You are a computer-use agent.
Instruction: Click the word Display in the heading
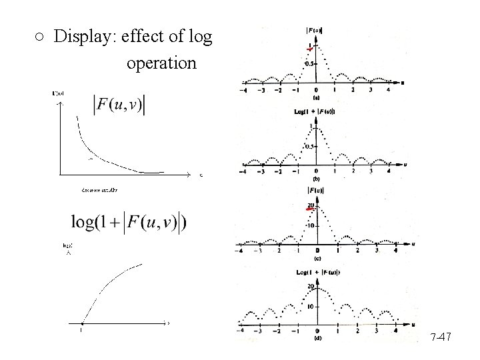[82, 37]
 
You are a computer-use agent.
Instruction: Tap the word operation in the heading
[161, 64]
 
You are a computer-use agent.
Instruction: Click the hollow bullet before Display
[40, 37]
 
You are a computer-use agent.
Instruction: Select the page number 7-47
[441, 338]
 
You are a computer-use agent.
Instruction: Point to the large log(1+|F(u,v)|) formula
[128, 222]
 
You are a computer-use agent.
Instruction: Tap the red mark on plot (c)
[309, 209]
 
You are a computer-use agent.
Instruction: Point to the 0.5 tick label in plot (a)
[309, 63]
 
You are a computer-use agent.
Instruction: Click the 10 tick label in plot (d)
[309, 307]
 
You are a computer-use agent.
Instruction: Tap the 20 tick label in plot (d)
[310, 287]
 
